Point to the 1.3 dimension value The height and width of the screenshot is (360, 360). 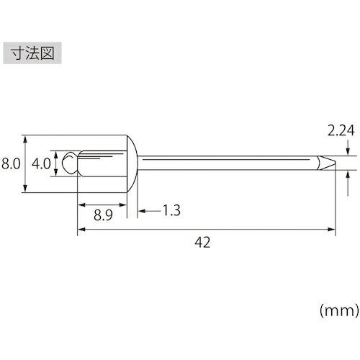point(171,211)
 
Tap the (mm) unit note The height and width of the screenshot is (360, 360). point(338,310)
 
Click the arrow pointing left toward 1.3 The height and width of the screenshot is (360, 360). point(141,211)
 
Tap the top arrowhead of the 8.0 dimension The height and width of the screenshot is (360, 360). point(26,138)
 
